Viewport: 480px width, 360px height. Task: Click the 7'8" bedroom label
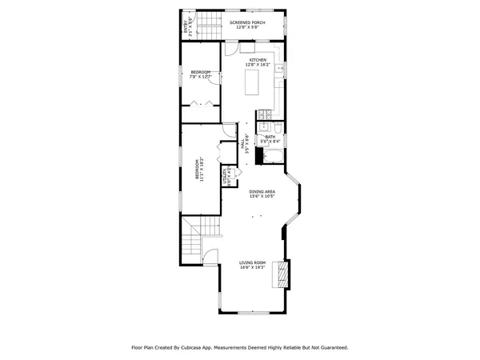point(200,75)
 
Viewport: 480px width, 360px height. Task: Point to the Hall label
point(242,147)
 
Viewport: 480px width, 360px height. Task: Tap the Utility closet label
point(226,175)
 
